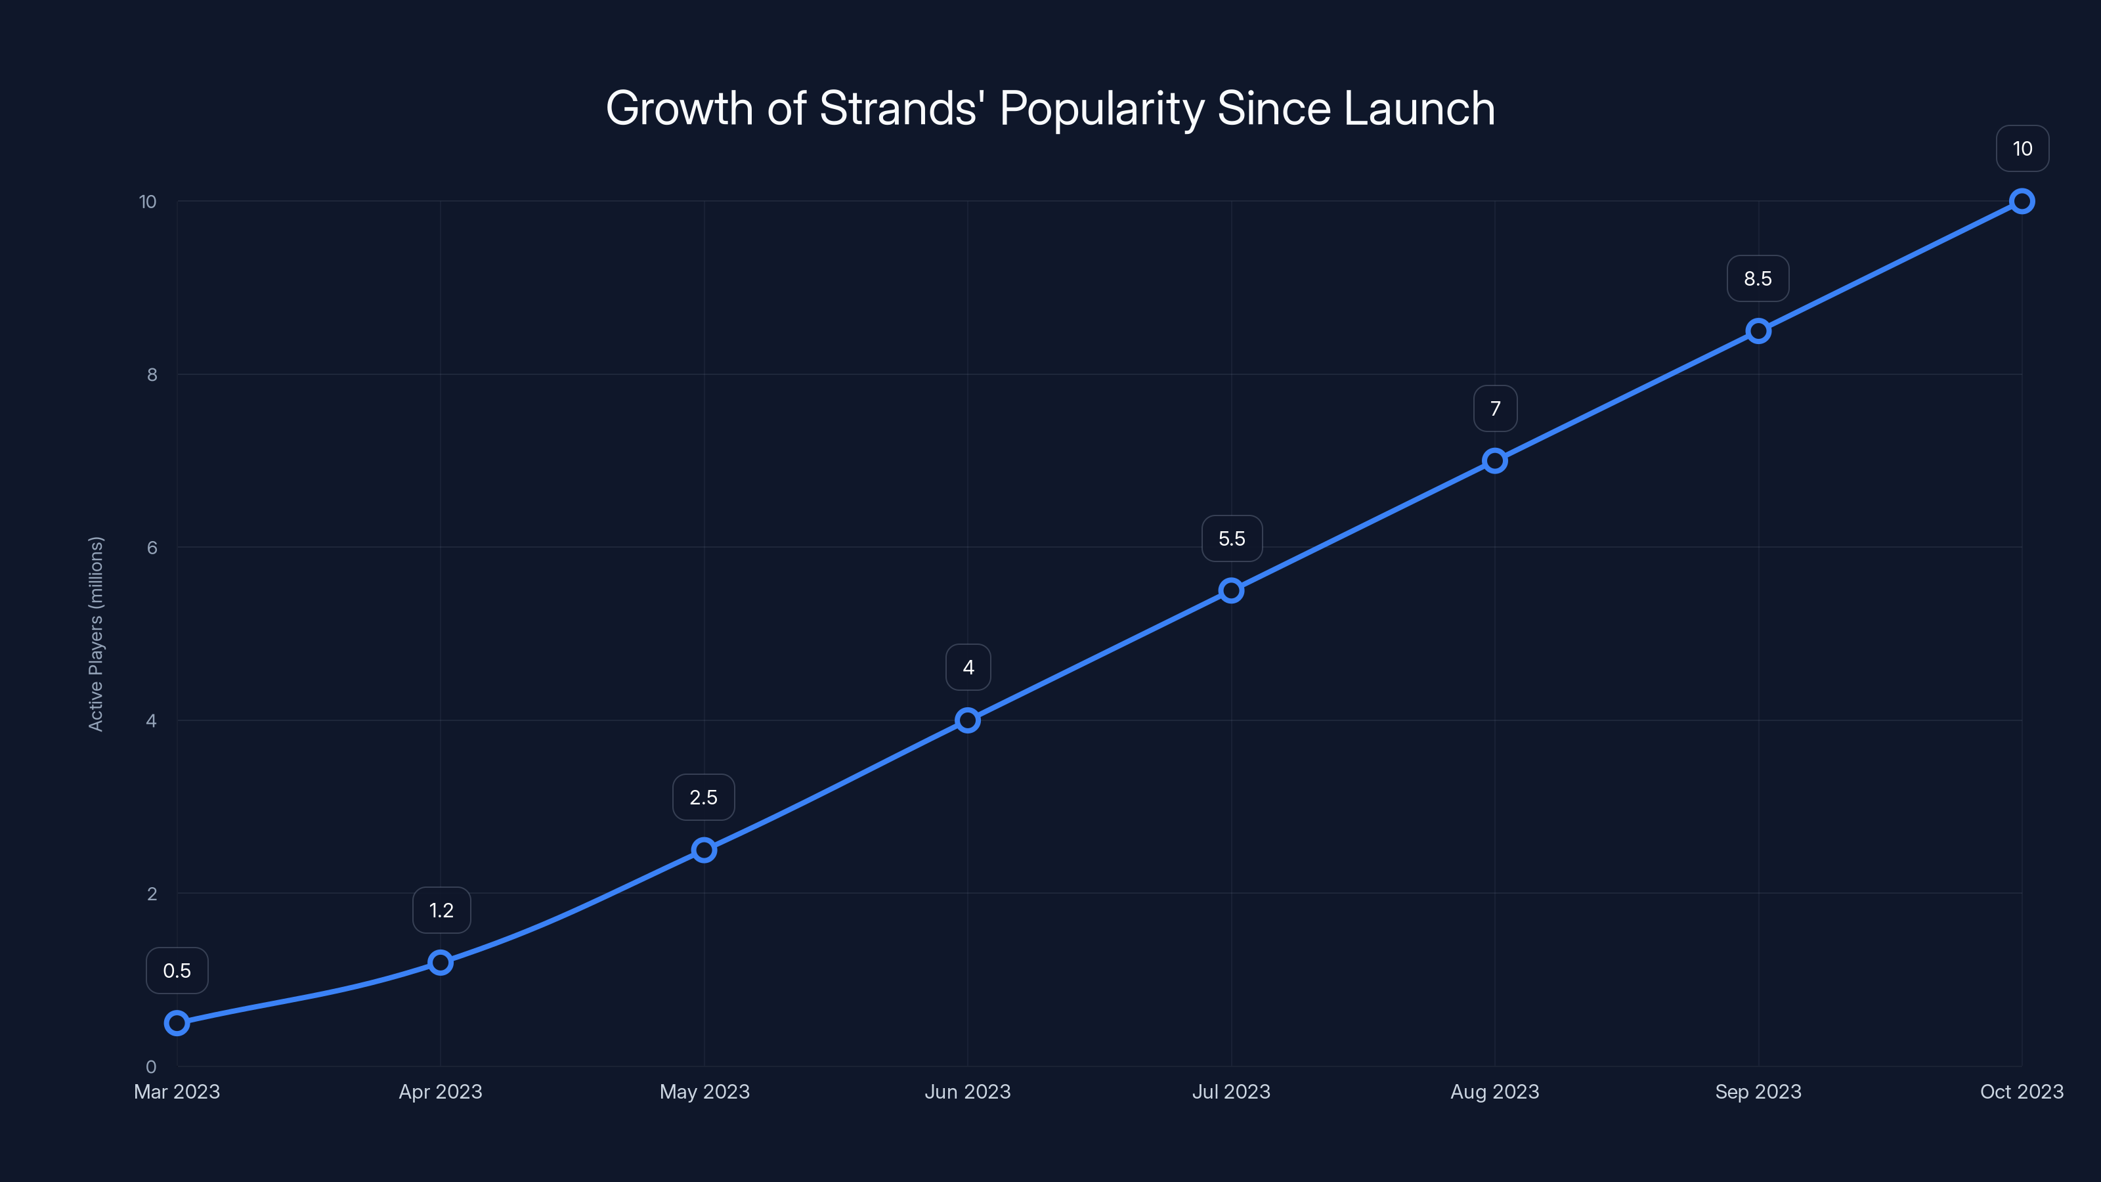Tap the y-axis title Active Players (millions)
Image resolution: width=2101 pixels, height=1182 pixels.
tap(97, 634)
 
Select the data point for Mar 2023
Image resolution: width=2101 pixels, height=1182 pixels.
tap(177, 1023)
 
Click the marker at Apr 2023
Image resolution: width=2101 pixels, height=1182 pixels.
tap(441, 963)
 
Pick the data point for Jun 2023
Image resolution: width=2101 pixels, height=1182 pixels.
tap(968, 720)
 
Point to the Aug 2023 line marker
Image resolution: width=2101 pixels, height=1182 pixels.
tap(1495, 461)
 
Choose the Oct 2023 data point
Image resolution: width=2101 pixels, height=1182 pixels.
tap(2022, 202)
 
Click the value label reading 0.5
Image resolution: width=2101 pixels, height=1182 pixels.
tap(177, 971)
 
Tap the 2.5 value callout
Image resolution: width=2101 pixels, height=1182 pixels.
tap(703, 797)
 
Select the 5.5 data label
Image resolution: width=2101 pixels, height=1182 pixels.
tap(1232, 538)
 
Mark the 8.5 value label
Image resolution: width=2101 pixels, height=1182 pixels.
tap(1758, 279)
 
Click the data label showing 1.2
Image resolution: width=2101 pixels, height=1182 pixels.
tap(441, 910)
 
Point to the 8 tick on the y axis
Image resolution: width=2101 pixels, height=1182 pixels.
tap(152, 374)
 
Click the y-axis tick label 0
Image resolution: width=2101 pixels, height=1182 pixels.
tap(151, 1067)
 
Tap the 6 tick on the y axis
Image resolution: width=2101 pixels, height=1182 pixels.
tap(152, 548)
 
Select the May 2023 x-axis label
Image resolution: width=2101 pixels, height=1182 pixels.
tap(704, 1091)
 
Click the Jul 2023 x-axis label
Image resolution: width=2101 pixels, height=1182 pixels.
tap(1232, 1091)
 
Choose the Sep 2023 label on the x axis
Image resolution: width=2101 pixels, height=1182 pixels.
tap(1758, 1091)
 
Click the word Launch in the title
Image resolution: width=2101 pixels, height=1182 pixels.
tap(1419, 108)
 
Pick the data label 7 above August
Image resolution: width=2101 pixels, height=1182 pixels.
tap(1495, 408)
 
